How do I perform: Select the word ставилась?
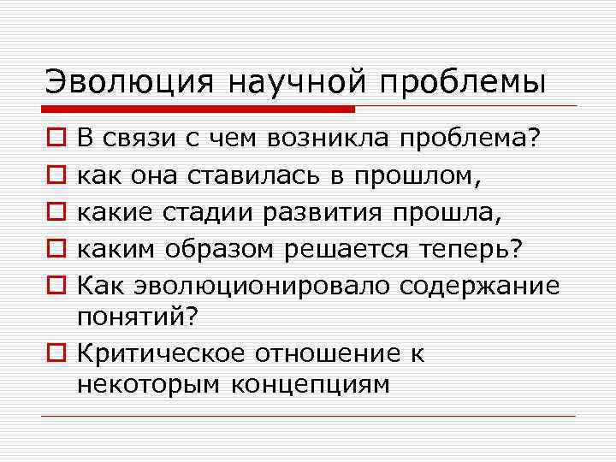point(258,176)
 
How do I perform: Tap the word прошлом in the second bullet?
point(419,176)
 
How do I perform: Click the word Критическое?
point(175,353)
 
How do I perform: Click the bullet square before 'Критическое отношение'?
point(52,354)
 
